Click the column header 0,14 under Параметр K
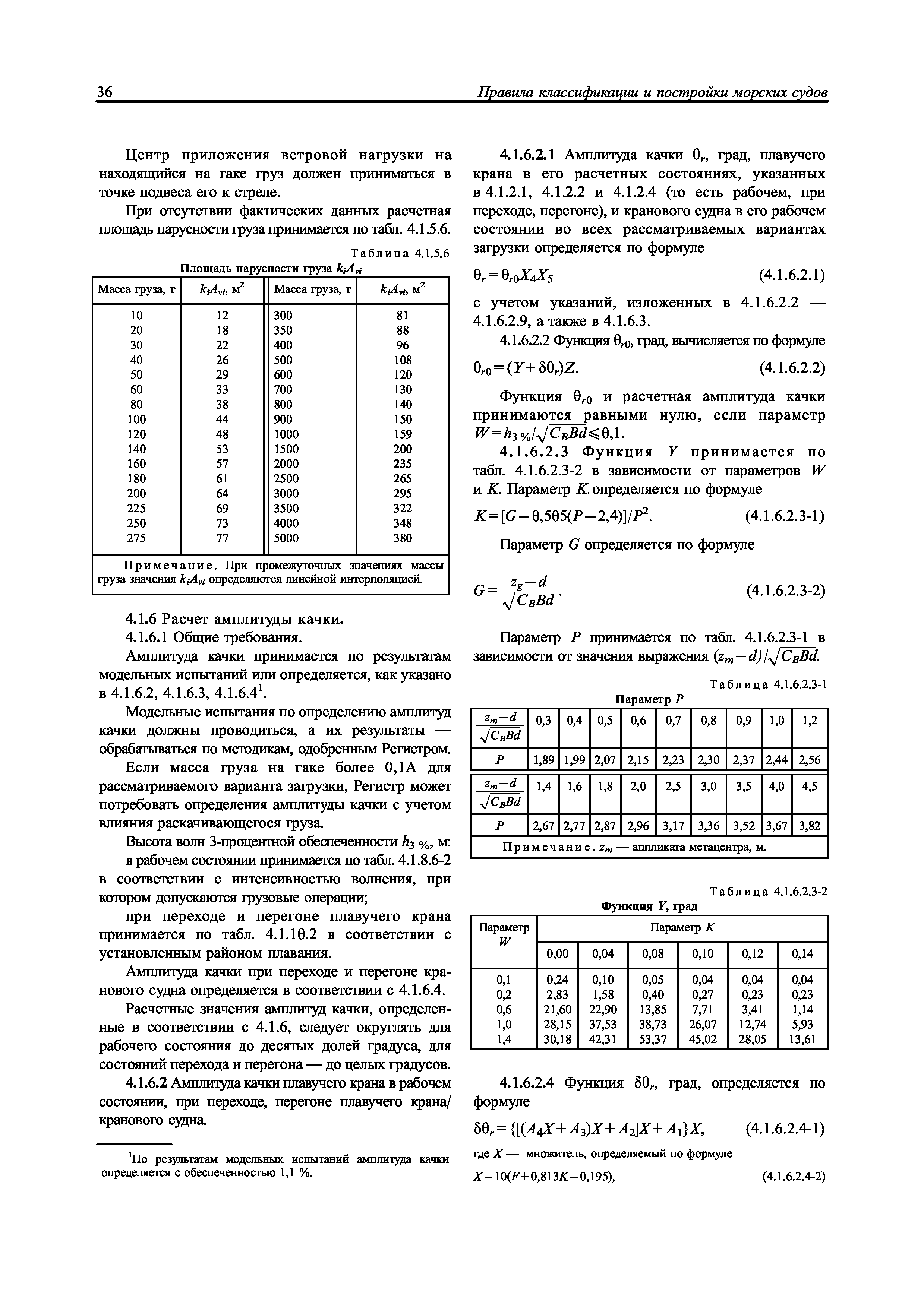click(x=802, y=953)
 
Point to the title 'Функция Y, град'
click(x=649, y=905)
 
